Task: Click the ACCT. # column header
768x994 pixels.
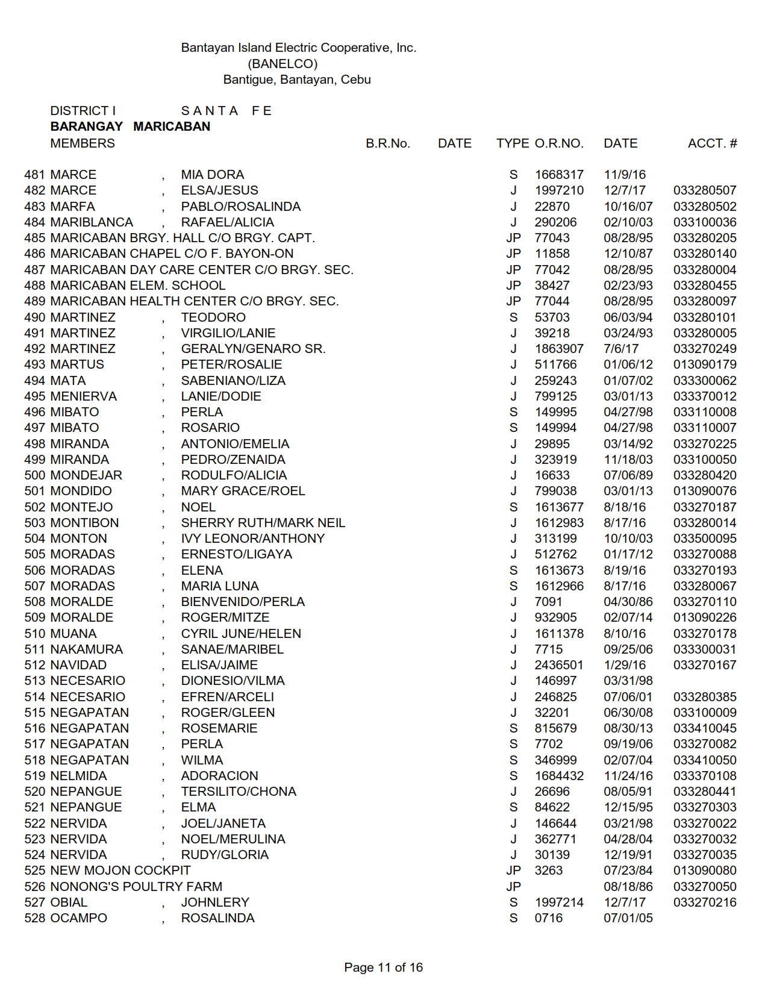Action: click(712, 143)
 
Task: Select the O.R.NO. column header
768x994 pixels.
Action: click(559, 143)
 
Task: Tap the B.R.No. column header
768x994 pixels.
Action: click(387, 143)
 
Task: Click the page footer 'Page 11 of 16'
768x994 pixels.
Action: click(383, 967)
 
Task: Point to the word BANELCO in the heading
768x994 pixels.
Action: click(283, 64)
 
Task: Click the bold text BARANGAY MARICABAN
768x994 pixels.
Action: click(130, 127)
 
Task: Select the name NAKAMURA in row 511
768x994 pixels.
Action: click(87, 649)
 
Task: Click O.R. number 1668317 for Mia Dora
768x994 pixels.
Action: click(559, 175)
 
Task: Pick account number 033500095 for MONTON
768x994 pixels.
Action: click(705, 539)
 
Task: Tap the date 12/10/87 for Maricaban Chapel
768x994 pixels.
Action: click(628, 254)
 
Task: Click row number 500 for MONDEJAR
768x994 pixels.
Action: click(35, 475)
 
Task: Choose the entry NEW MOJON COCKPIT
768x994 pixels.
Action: click(120, 871)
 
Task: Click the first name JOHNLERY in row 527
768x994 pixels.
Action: click(215, 902)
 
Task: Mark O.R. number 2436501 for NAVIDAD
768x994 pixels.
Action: click(559, 665)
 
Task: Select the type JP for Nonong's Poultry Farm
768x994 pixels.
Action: click(513, 887)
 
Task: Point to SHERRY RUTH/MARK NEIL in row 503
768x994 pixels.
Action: click(263, 523)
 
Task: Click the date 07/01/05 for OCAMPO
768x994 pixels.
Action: click(628, 918)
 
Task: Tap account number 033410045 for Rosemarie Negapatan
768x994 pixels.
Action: click(705, 728)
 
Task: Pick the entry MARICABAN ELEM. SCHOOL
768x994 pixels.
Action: click(138, 286)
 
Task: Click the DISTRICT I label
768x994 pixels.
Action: click(83, 111)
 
